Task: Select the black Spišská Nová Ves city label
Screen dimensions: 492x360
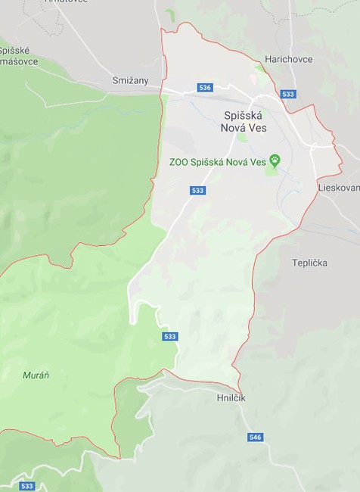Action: click(245, 121)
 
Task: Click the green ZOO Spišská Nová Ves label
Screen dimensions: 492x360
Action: click(218, 161)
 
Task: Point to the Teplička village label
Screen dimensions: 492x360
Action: click(309, 263)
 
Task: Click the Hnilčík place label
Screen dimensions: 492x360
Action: click(229, 397)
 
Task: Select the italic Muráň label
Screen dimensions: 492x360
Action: click(36, 375)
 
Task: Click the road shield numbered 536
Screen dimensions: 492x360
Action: click(205, 88)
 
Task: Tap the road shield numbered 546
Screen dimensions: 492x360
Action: click(256, 438)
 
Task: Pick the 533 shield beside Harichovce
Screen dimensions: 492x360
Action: click(287, 94)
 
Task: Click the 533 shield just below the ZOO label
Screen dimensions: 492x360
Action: click(197, 190)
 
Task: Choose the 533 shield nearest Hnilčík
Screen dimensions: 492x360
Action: click(169, 337)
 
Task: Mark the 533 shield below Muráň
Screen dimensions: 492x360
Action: click(27, 486)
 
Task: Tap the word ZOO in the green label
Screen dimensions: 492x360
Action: click(178, 161)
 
